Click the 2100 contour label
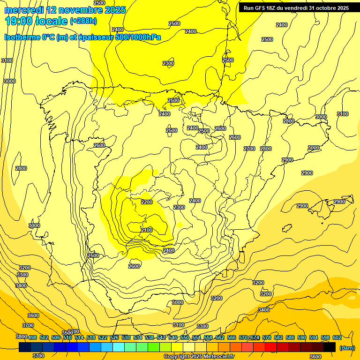click(x=147, y=230)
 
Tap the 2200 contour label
click(x=147, y=202)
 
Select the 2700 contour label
click(x=249, y=149)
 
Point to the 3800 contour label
click(x=22, y=337)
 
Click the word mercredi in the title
click(x=24, y=9)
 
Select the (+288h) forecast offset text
click(x=83, y=21)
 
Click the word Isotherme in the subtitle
click(x=22, y=37)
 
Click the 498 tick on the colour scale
click(x=32, y=337)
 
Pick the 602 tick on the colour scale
click(x=337, y=337)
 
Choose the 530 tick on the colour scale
click(x=126, y=337)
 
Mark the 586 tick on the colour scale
click(x=290, y=337)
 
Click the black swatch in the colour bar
click(x=330, y=347)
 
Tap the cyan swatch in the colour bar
click(x=119, y=347)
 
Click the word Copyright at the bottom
click(x=178, y=357)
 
